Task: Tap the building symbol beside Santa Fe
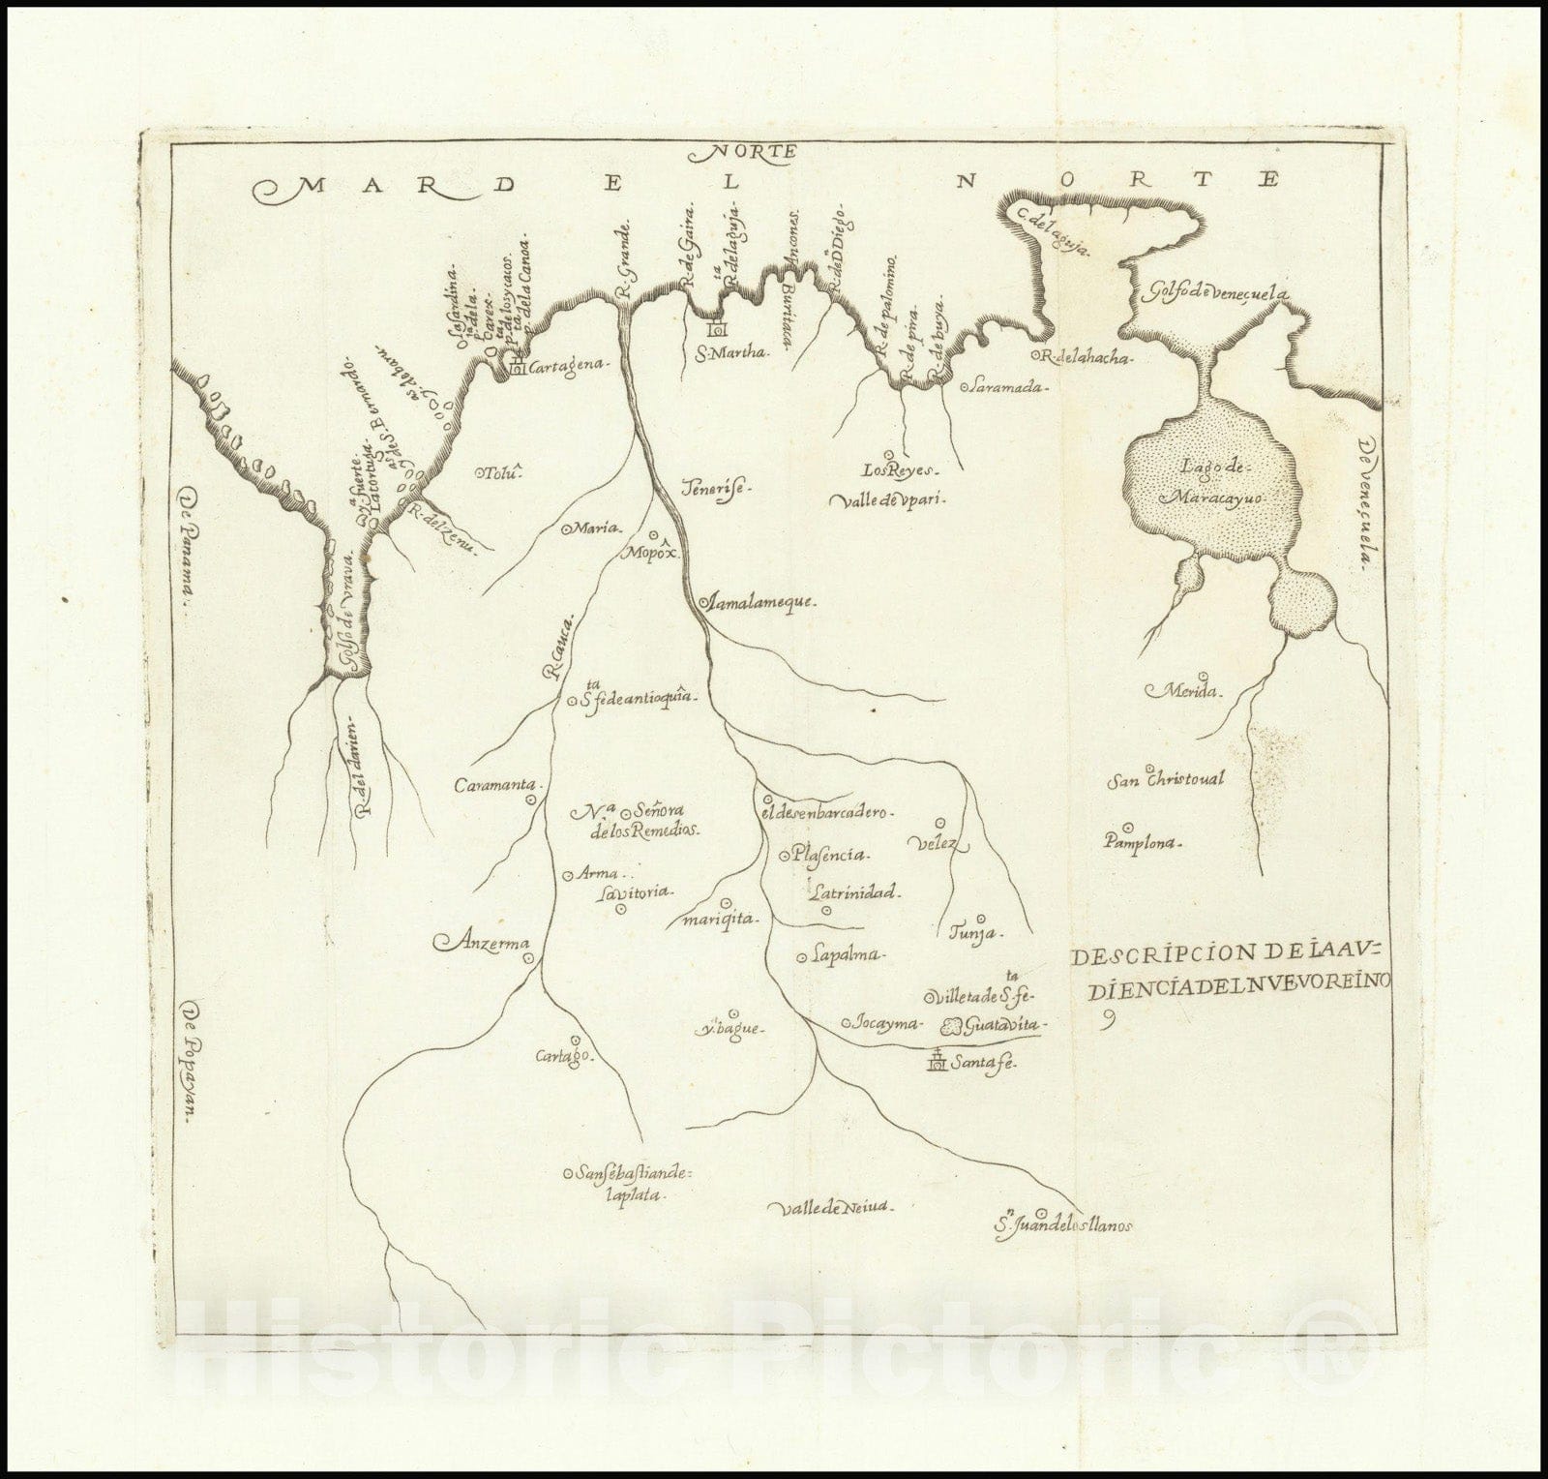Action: tap(937, 1062)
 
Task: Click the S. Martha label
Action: tap(732, 352)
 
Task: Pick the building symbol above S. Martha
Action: tap(719, 330)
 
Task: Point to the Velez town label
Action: tap(936, 843)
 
